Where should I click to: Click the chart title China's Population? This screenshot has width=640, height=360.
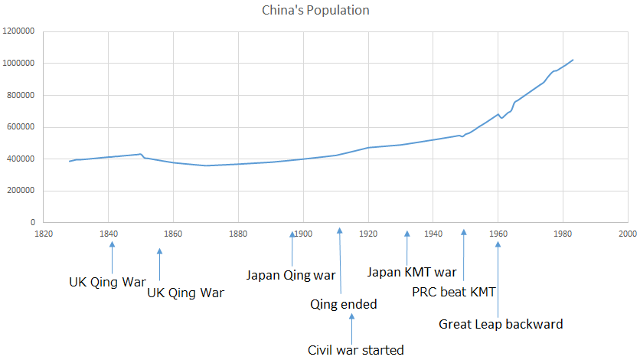(315, 11)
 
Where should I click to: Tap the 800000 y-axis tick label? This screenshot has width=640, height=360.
(21, 95)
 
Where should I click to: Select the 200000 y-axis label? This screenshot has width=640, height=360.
(21, 191)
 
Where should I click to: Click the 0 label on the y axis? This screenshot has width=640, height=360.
(32, 222)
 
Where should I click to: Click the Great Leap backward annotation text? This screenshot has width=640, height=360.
(501, 324)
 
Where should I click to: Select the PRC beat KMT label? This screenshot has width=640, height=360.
(455, 292)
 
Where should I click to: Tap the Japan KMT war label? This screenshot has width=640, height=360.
(412, 272)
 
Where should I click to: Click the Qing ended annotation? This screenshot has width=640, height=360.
(343, 304)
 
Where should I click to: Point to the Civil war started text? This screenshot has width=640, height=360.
(355, 350)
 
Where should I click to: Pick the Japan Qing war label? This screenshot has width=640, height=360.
(291, 274)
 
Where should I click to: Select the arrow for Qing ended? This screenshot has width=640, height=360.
(339, 260)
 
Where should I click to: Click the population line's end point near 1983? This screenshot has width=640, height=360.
(573, 60)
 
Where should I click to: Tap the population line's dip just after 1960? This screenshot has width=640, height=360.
(501, 118)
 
